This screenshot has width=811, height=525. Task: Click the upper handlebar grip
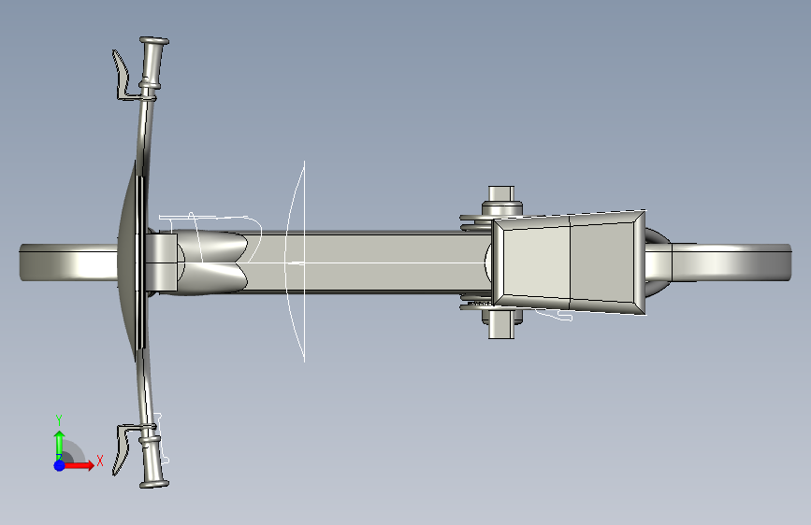click(x=153, y=61)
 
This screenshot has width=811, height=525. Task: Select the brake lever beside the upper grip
click(x=122, y=75)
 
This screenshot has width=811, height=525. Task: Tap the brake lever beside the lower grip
click(x=122, y=448)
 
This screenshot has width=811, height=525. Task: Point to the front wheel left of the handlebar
click(x=69, y=263)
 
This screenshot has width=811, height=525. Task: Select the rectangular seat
click(x=568, y=262)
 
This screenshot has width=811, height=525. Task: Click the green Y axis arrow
click(x=60, y=444)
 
